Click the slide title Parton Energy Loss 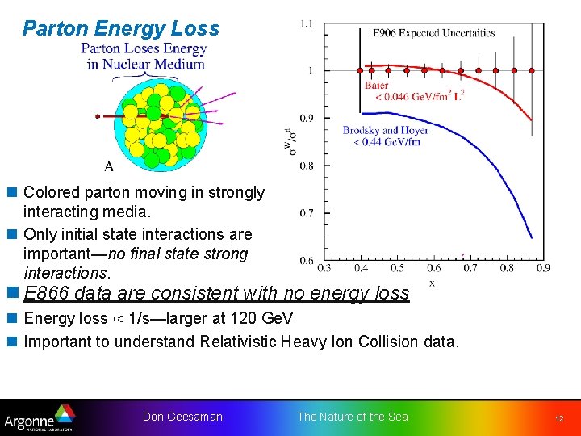tap(121, 29)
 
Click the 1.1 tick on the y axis tap(307, 24)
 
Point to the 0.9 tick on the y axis tap(307, 119)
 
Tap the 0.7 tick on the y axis tap(307, 213)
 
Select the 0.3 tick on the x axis tap(324, 268)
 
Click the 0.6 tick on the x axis tap(433, 268)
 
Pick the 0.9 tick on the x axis tap(543, 268)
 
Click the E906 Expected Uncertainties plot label tap(433, 33)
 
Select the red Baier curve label tap(376, 85)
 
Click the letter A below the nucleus tap(108, 167)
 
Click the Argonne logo tap(39, 417)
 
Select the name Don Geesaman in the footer tap(182, 417)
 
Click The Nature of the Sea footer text tap(353, 417)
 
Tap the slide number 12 tap(558, 419)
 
